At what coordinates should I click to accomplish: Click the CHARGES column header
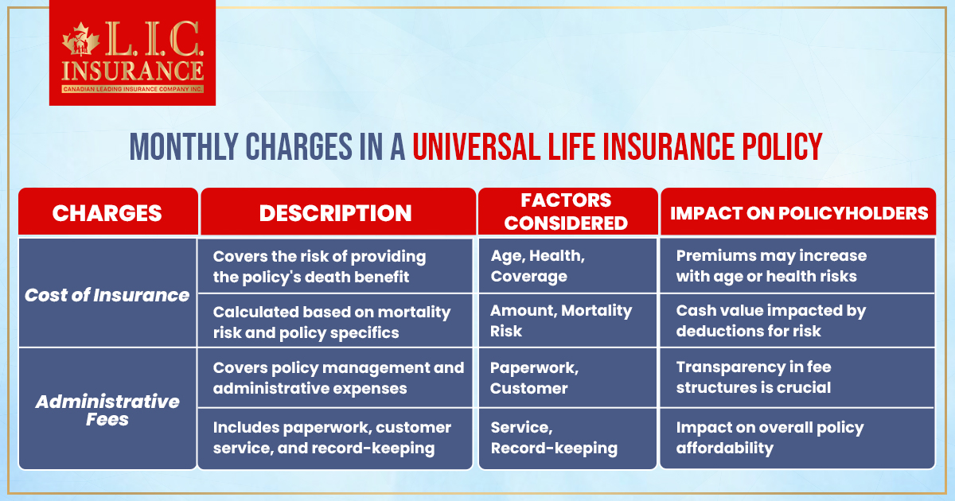coord(107,212)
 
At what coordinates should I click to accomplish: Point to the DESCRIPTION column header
coord(336,212)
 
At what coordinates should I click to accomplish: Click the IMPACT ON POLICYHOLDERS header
coord(798,212)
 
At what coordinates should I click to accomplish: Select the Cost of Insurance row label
coord(107,295)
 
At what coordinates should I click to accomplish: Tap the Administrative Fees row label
coord(107,409)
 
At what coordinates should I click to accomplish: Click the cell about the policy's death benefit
coord(336,266)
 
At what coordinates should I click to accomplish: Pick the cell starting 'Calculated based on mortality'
coord(336,321)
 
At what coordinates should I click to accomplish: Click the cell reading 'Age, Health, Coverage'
coord(567,266)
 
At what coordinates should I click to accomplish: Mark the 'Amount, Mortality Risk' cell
coord(567,321)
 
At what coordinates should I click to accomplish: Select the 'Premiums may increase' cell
coord(797,266)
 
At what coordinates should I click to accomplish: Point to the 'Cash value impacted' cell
coord(797,321)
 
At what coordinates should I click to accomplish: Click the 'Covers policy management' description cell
coord(336,378)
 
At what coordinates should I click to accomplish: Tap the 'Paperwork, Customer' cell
coord(567,378)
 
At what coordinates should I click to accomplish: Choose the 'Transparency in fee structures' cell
coord(797,378)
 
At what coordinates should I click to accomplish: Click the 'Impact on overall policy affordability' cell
coord(797,437)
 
